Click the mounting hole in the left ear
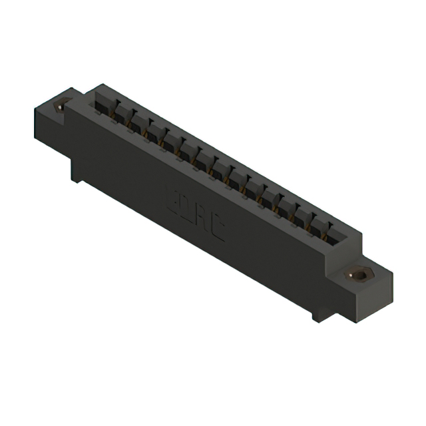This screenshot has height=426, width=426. tap(64, 103)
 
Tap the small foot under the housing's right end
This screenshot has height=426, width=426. tap(319, 312)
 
